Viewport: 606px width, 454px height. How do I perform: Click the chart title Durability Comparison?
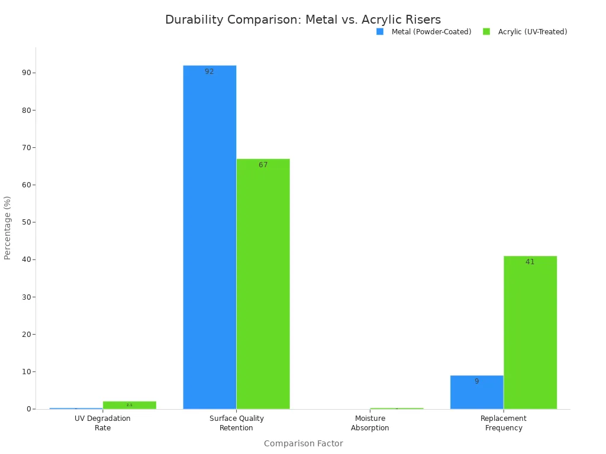[302, 20]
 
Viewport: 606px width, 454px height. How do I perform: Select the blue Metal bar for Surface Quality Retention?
[209, 236]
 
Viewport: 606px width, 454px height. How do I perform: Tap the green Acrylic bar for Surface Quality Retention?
[263, 284]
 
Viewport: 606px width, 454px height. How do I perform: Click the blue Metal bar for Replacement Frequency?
[476, 393]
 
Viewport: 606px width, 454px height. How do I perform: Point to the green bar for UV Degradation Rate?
[129, 405]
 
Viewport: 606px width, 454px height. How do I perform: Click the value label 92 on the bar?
[209, 72]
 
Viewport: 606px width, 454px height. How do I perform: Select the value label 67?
[263, 165]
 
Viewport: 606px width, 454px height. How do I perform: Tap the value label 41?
[530, 262]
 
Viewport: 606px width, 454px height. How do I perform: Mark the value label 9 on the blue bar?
[476, 381]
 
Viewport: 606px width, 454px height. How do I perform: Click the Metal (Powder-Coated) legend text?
[431, 32]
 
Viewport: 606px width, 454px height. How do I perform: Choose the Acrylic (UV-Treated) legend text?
[532, 32]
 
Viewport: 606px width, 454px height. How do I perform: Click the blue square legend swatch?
[380, 32]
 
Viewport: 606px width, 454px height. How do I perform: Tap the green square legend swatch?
[486, 32]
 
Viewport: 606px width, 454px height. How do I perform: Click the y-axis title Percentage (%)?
[8, 228]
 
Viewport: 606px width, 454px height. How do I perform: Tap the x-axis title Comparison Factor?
[303, 443]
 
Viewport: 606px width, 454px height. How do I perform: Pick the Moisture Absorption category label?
[370, 423]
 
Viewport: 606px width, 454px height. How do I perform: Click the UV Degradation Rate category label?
[102, 423]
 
